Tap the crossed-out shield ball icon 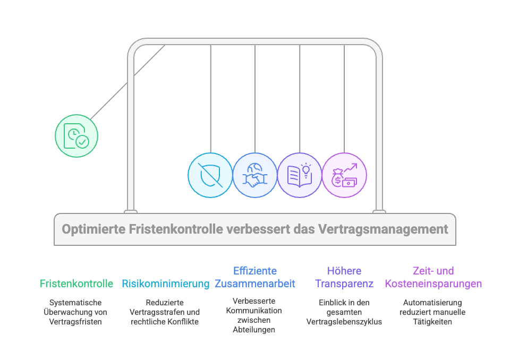(211, 175)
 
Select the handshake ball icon (255, 175)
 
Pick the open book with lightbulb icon (300, 175)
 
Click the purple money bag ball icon (344, 175)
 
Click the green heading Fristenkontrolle (76, 284)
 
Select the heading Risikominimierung (165, 284)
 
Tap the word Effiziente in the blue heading (255, 271)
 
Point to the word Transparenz (344, 284)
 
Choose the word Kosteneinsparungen (433, 284)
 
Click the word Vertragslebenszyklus (344, 322)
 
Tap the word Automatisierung (433, 303)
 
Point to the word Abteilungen (255, 330)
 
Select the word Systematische (76, 303)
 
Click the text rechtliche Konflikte (165, 322)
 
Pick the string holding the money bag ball (344, 98)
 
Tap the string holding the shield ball (211, 98)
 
